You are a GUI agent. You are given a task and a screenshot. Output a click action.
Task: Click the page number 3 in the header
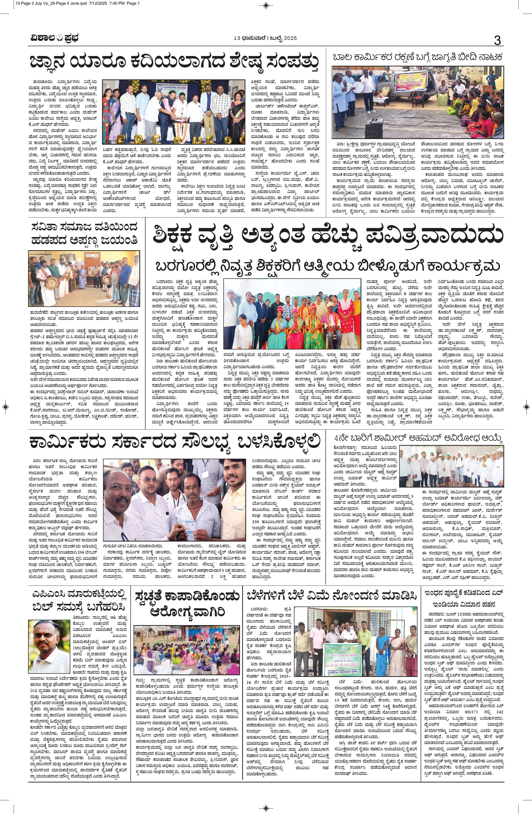click(497, 40)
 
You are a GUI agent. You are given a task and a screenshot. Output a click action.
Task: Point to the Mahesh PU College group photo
click(174, 112)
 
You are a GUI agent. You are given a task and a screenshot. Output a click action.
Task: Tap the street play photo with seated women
click(418, 102)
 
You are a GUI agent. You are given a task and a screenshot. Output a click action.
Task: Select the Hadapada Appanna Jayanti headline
click(84, 234)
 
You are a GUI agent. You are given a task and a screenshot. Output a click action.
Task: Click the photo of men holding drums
click(84, 278)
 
